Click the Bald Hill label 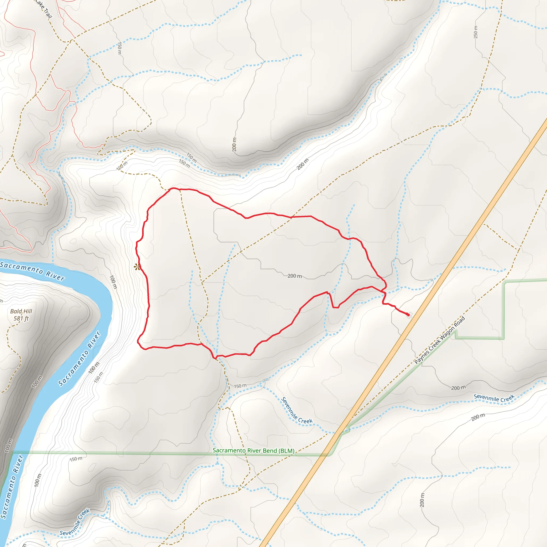pos(21,311)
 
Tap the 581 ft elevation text pos(21,319)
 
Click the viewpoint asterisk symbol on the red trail pos(137,267)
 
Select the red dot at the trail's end pos(408,315)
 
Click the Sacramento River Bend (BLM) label pos(253,451)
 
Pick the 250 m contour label pos(475,32)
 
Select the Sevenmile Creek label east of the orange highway pos(494,398)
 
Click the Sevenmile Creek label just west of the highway pos(297,411)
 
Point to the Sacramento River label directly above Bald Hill pos(32,271)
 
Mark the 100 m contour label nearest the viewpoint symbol pos(113,282)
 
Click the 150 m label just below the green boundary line pos(76,459)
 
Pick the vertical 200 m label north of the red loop pos(234,144)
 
